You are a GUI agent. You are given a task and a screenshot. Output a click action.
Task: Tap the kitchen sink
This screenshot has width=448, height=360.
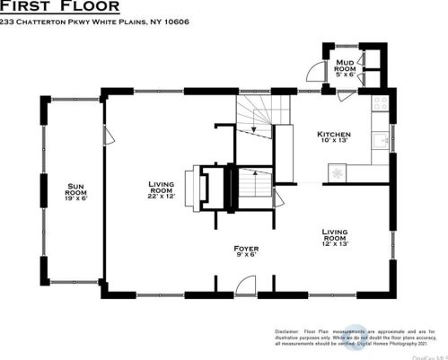[x=381, y=140]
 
